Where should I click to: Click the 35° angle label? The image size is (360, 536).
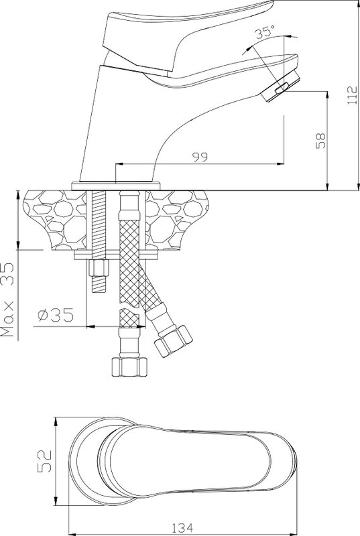click(x=265, y=31)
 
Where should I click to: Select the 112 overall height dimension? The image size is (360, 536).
click(x=352, y=95)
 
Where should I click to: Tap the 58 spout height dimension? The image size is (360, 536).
click(x=321, y=141)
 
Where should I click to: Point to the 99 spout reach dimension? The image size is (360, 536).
click(x=200, y=157)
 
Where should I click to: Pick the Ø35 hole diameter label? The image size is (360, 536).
click(x=56, y=315)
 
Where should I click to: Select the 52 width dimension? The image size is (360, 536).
click(x=44, y=461)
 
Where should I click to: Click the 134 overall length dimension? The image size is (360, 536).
click(x=182, y=528)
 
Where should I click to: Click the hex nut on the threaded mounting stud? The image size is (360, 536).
click(x=99, y=268)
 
